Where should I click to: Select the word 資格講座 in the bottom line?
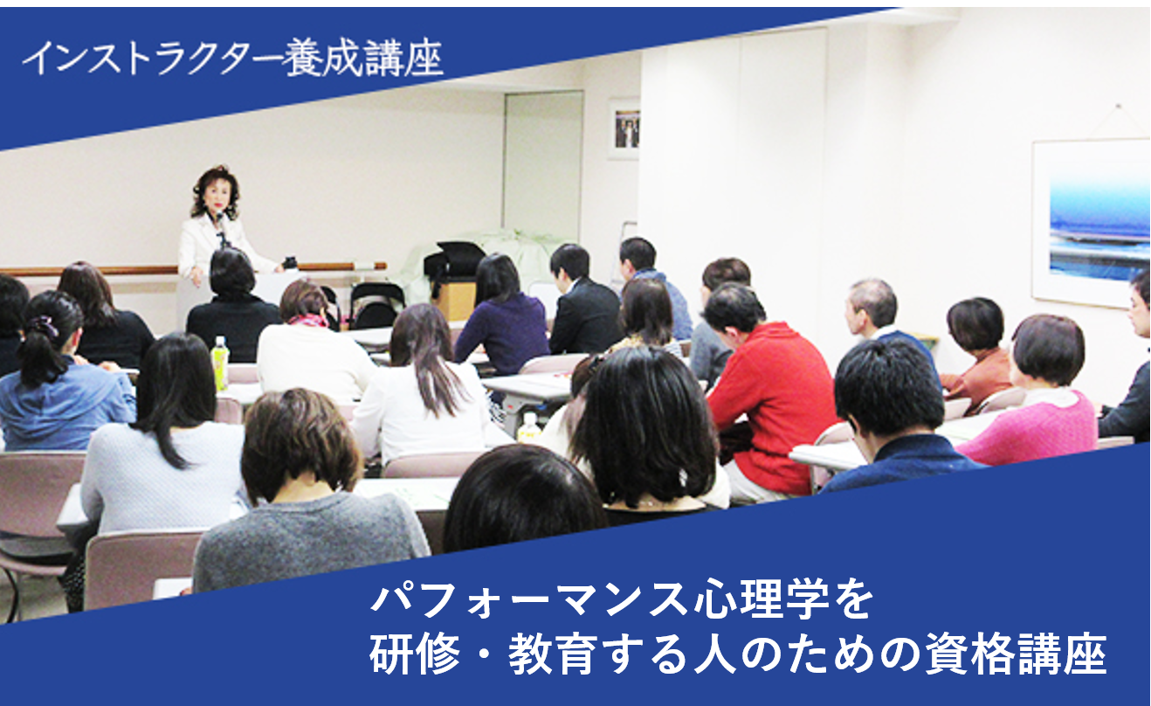click(x=1017, y=655)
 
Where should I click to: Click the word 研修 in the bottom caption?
click(x=415, y=655)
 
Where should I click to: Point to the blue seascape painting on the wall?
click(x=1091, y=225)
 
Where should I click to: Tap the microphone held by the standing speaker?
click(x=220, y=221)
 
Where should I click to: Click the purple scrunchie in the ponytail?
click(x=42, y=326)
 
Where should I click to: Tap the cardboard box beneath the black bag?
click(x=455, y=301)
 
